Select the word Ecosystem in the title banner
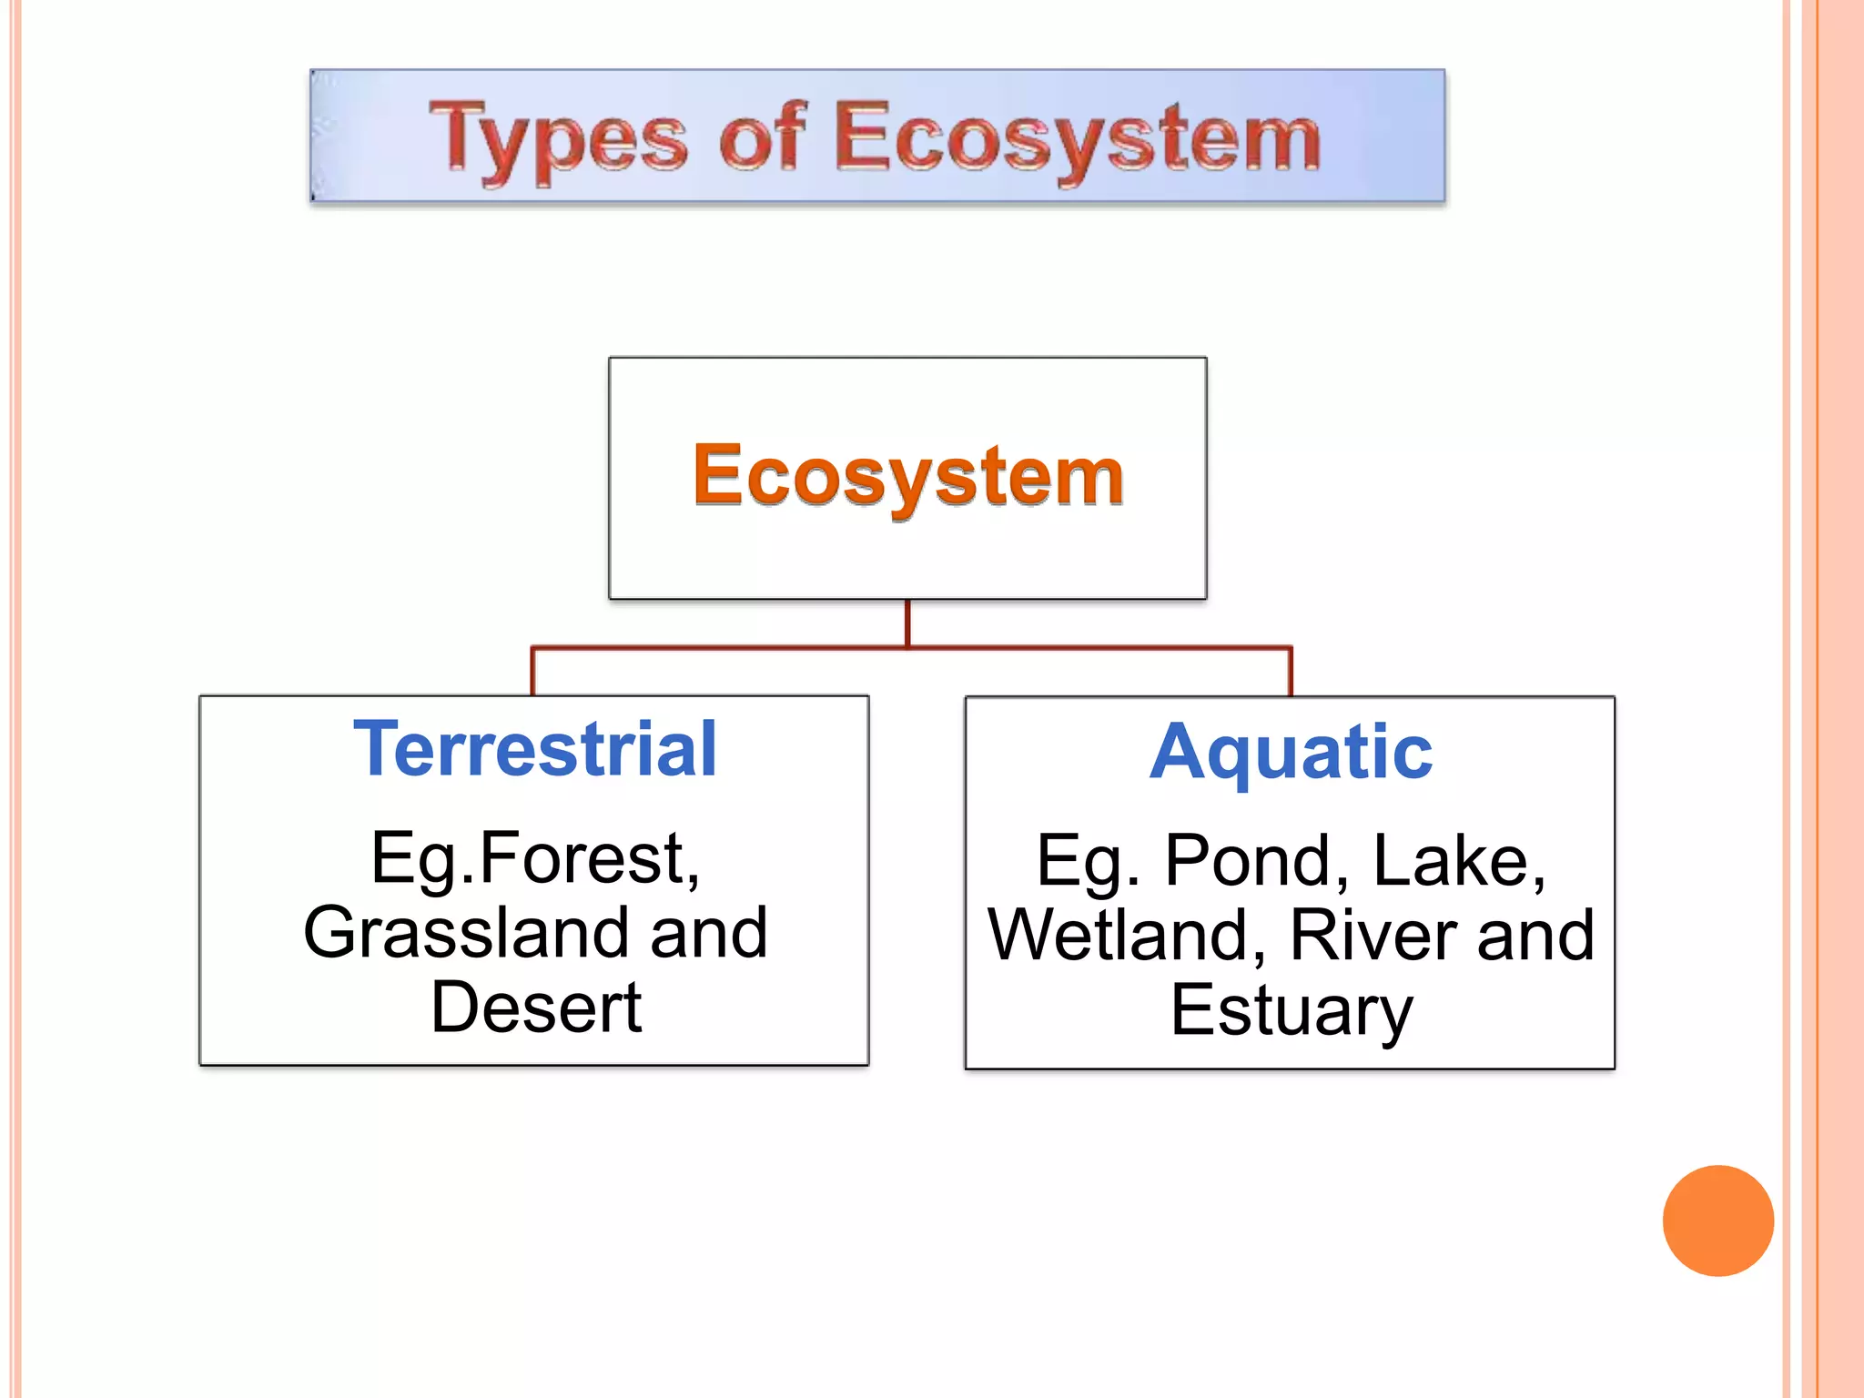1077,138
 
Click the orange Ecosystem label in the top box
907,476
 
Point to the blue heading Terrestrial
535,749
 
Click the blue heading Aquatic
1290,753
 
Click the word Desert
536,1008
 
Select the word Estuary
1291,1010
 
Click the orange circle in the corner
1717,1221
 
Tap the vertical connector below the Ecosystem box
907,623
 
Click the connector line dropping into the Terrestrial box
533,672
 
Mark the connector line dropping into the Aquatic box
1291,672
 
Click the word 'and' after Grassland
709,933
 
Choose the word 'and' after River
1535,936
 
